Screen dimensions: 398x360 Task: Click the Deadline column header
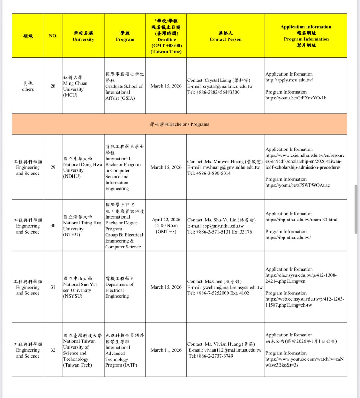coord(166,36)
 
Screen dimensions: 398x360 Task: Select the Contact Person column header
coord(225,36)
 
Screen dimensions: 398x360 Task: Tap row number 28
coord(53,86)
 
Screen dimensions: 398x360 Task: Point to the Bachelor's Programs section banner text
coord(179,124)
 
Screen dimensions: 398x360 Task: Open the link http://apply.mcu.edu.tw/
coord(289,80)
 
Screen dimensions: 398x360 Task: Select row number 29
coord(53,167)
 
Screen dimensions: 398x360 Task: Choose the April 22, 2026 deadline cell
coord(166,226)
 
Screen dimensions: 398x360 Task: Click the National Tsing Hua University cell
coord(82,226)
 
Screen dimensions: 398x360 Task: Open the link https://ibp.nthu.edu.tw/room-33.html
coord(301,220)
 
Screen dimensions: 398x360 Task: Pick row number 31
coord(53,287)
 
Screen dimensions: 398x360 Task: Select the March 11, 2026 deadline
coord(166,350)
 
